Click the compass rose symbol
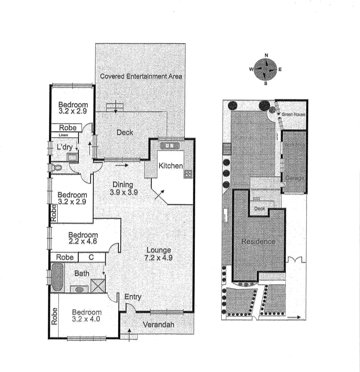(266, 69)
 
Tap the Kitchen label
(171, 166)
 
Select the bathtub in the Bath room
(57, 277)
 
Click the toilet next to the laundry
(57, 168)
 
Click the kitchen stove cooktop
(188, 174)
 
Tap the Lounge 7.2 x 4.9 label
(159, 254)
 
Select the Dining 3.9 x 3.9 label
(123, 189)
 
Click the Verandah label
(158, 324)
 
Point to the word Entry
(133, 297)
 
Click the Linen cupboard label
(64, 135)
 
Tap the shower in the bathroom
(98, 286)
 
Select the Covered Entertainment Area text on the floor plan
(141, 76)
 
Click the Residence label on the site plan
(258, 241)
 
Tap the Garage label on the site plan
(294, 178)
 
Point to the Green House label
(293, 114)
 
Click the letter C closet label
(91, 257)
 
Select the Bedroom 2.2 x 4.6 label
(83, 238)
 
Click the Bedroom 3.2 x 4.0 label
(87, 316)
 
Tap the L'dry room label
(64, 147)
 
